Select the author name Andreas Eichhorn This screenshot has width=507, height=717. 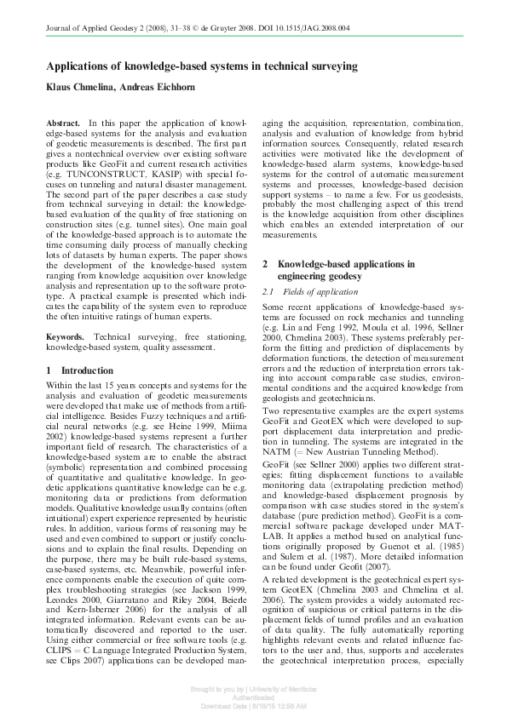coord(158,89)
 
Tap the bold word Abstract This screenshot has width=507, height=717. coord(63,123)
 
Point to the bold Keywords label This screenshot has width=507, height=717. coord(66,338)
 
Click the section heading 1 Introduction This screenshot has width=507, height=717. coord(79,370)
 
